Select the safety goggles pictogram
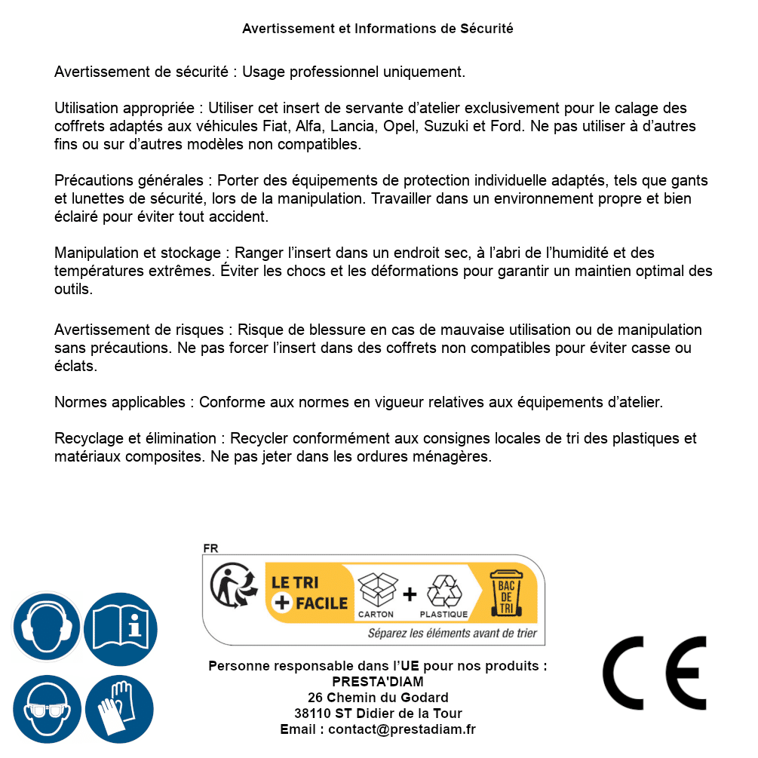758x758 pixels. click(x=47, y=710)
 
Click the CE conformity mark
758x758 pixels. click(x=655, y=673)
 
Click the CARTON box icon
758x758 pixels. click(x=376, y=590)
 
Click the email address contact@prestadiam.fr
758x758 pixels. click(x=402, y=729)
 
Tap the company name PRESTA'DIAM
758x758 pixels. click(x=377, y=682)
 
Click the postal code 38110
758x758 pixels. click(x=312, y=714)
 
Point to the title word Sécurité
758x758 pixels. click(x=486, y=29)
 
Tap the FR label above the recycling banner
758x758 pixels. click(x=210, y=548)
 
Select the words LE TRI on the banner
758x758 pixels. click(x=294, y=582)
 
